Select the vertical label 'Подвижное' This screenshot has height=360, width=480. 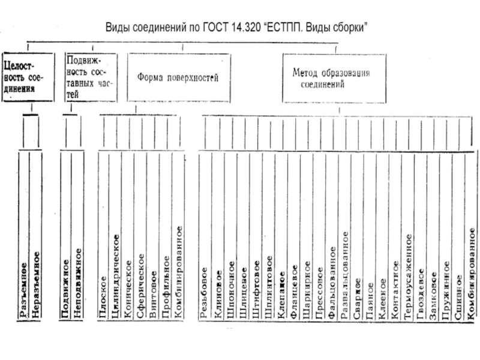[x=65, y=287]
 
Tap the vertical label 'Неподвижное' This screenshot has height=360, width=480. [x=77, y=283]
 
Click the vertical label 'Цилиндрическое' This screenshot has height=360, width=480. [x=116, y=275]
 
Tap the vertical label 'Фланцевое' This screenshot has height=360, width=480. [x=294, y=290]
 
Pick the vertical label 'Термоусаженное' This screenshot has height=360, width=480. [x=408, y=275]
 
